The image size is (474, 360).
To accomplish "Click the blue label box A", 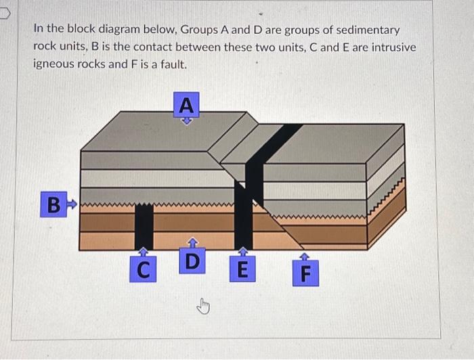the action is [x=187, y=105].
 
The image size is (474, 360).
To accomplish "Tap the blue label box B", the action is [x=53, y=204].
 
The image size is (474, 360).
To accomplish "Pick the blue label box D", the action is [x=192, y=261].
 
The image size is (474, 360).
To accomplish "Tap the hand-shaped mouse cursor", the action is [x=201, y=307].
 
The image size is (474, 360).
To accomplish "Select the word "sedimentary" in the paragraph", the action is [x=365, y=30].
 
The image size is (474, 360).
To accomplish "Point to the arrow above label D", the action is [x=192, y=242].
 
